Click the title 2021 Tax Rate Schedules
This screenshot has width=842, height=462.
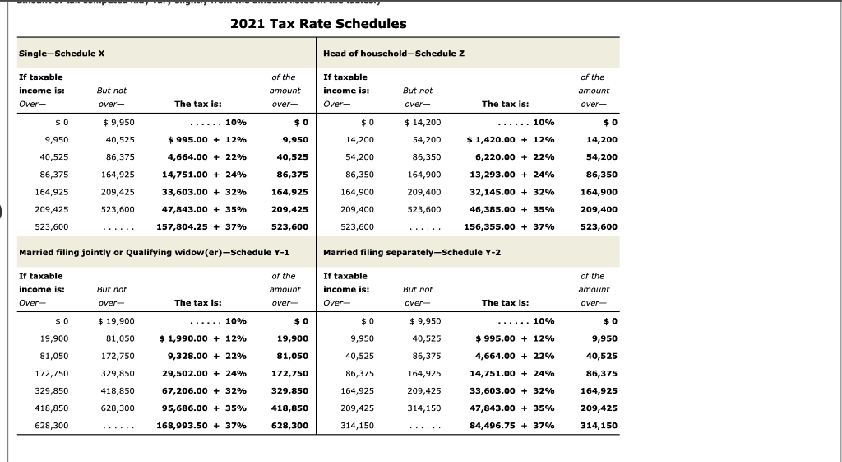[x=318, y=23]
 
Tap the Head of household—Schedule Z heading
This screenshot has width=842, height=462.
[x=395, y=54]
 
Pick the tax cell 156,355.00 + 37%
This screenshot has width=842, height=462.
[x=510, y=226]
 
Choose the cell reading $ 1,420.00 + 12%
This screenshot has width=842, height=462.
[x=510, y=140]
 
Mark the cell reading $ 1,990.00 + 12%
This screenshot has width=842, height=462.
[x=206, y=338]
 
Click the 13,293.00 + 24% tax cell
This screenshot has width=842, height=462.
[x=511, y=175]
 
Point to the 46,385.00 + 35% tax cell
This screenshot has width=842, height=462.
[x=511, y=209]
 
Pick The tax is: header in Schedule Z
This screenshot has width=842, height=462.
[x=505, y=105]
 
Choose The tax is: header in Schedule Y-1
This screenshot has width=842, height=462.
[x=197, y=303]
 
